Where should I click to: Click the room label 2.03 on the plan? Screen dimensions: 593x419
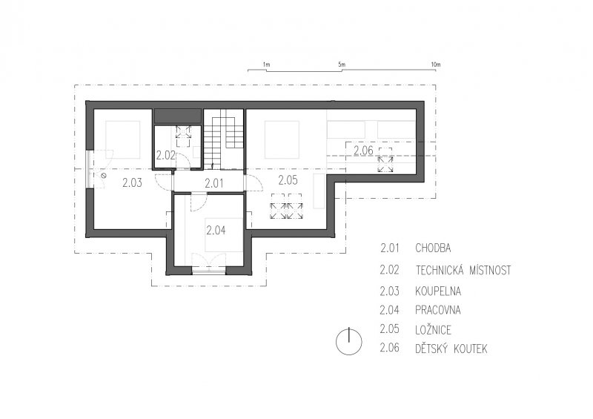click(133, 183)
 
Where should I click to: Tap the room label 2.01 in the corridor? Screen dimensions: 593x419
click(214, 184)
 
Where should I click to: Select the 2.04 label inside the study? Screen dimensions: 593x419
click(216, 230)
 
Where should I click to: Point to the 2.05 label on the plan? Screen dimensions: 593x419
click(288, 180)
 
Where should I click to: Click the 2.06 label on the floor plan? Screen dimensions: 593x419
click(363, 151)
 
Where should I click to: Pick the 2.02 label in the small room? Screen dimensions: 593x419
click(165, 155)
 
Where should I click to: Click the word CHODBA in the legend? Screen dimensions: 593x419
click(433, 248)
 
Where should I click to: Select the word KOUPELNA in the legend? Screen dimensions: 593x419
click(438, 291)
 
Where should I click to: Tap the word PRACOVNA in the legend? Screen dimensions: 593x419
click(438, 310)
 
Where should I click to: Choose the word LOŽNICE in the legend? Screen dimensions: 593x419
click(434, 329)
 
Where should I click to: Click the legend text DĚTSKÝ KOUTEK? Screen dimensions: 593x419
click(451, 349)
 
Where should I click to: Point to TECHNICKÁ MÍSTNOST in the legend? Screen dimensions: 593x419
click(463, 270)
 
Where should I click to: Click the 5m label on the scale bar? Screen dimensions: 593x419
click(342, 65)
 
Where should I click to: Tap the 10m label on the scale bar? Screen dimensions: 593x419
click(436, 65)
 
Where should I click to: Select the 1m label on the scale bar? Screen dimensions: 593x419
click(266, 65)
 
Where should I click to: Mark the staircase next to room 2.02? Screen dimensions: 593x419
click(224, 139)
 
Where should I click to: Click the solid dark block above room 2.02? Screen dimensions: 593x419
click(177, 116)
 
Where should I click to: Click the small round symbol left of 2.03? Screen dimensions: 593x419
click(103, 176)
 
